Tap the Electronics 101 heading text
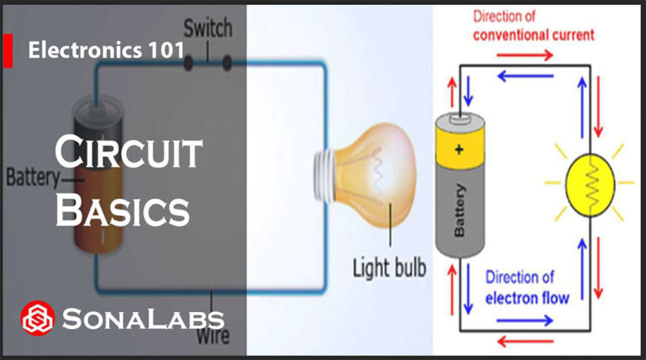tap(106, 50)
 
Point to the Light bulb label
tap(389, 269)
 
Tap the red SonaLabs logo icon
tap(37, 318)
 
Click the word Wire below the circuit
tap(215, 337)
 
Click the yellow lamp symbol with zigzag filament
tap(588, 181)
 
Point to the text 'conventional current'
tap(533, 35)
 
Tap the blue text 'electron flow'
tap(527, 297)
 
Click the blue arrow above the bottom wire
tap(527, 320)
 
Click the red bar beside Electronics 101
tap(8, 51)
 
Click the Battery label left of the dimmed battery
tap(32, 178)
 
